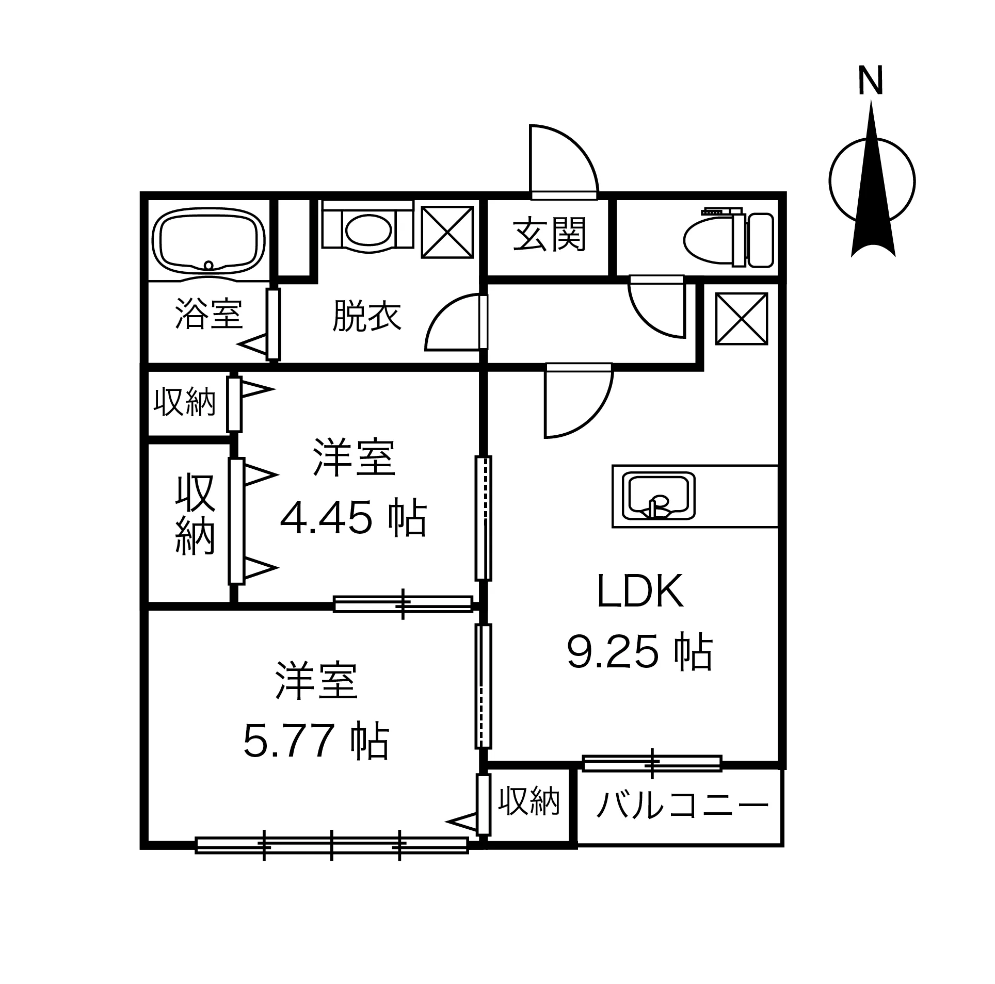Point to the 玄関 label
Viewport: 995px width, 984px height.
tap(549, 235)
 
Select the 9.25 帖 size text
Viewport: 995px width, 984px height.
tap(640, 652)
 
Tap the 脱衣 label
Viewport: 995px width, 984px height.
tap(367, 316)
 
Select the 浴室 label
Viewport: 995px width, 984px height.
tap(208, 314)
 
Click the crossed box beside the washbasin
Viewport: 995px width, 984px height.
tap(447, 232)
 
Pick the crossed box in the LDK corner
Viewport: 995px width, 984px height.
tap(741, 319)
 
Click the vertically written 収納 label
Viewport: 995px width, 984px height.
tap(195, 515)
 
